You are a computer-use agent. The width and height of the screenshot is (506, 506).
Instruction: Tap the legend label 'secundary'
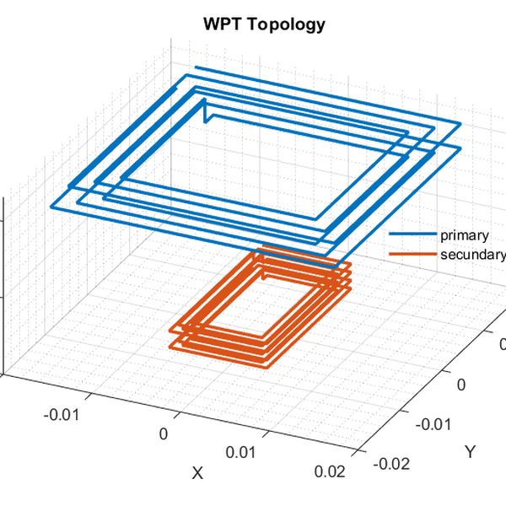tap(473, 255)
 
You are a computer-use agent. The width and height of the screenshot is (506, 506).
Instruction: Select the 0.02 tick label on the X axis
tap(330, 471)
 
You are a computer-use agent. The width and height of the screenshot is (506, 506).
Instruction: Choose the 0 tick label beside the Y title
tap(460, 384)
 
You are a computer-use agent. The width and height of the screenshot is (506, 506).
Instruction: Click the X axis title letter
tap(197, 474)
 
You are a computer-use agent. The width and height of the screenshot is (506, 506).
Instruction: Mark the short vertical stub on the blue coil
tap(205, 110)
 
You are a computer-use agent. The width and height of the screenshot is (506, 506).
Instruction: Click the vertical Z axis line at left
tap(5, 287)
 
